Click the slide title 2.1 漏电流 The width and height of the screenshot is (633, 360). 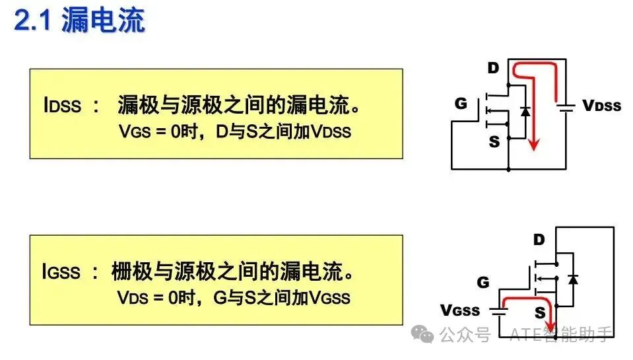click(79, 20)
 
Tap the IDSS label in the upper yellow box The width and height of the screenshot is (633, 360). click(62, 105)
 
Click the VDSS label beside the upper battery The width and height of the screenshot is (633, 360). click(601, 106)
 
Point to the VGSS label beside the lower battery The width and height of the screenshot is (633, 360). click(460, 310)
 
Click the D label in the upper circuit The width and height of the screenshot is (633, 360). click(493, 68)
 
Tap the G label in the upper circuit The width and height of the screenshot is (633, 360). click(461, 104)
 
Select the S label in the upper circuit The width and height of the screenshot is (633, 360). click(494, 142)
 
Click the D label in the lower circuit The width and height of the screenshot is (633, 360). click(539, 240)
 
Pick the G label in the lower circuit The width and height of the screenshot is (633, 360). click(483, 282)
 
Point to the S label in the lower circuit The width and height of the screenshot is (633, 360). click(540, 312)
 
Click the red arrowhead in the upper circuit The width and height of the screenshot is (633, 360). click(534, 145)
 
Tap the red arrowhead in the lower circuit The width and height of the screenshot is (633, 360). click(550, 326)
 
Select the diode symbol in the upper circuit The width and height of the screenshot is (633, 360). click(525, 111)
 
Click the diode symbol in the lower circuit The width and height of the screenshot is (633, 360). click(572, 279)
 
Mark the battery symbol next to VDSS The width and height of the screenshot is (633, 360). click(566, 107)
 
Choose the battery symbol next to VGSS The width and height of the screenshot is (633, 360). click(499, 312)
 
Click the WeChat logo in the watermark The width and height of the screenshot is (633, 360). click(422, 334)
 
